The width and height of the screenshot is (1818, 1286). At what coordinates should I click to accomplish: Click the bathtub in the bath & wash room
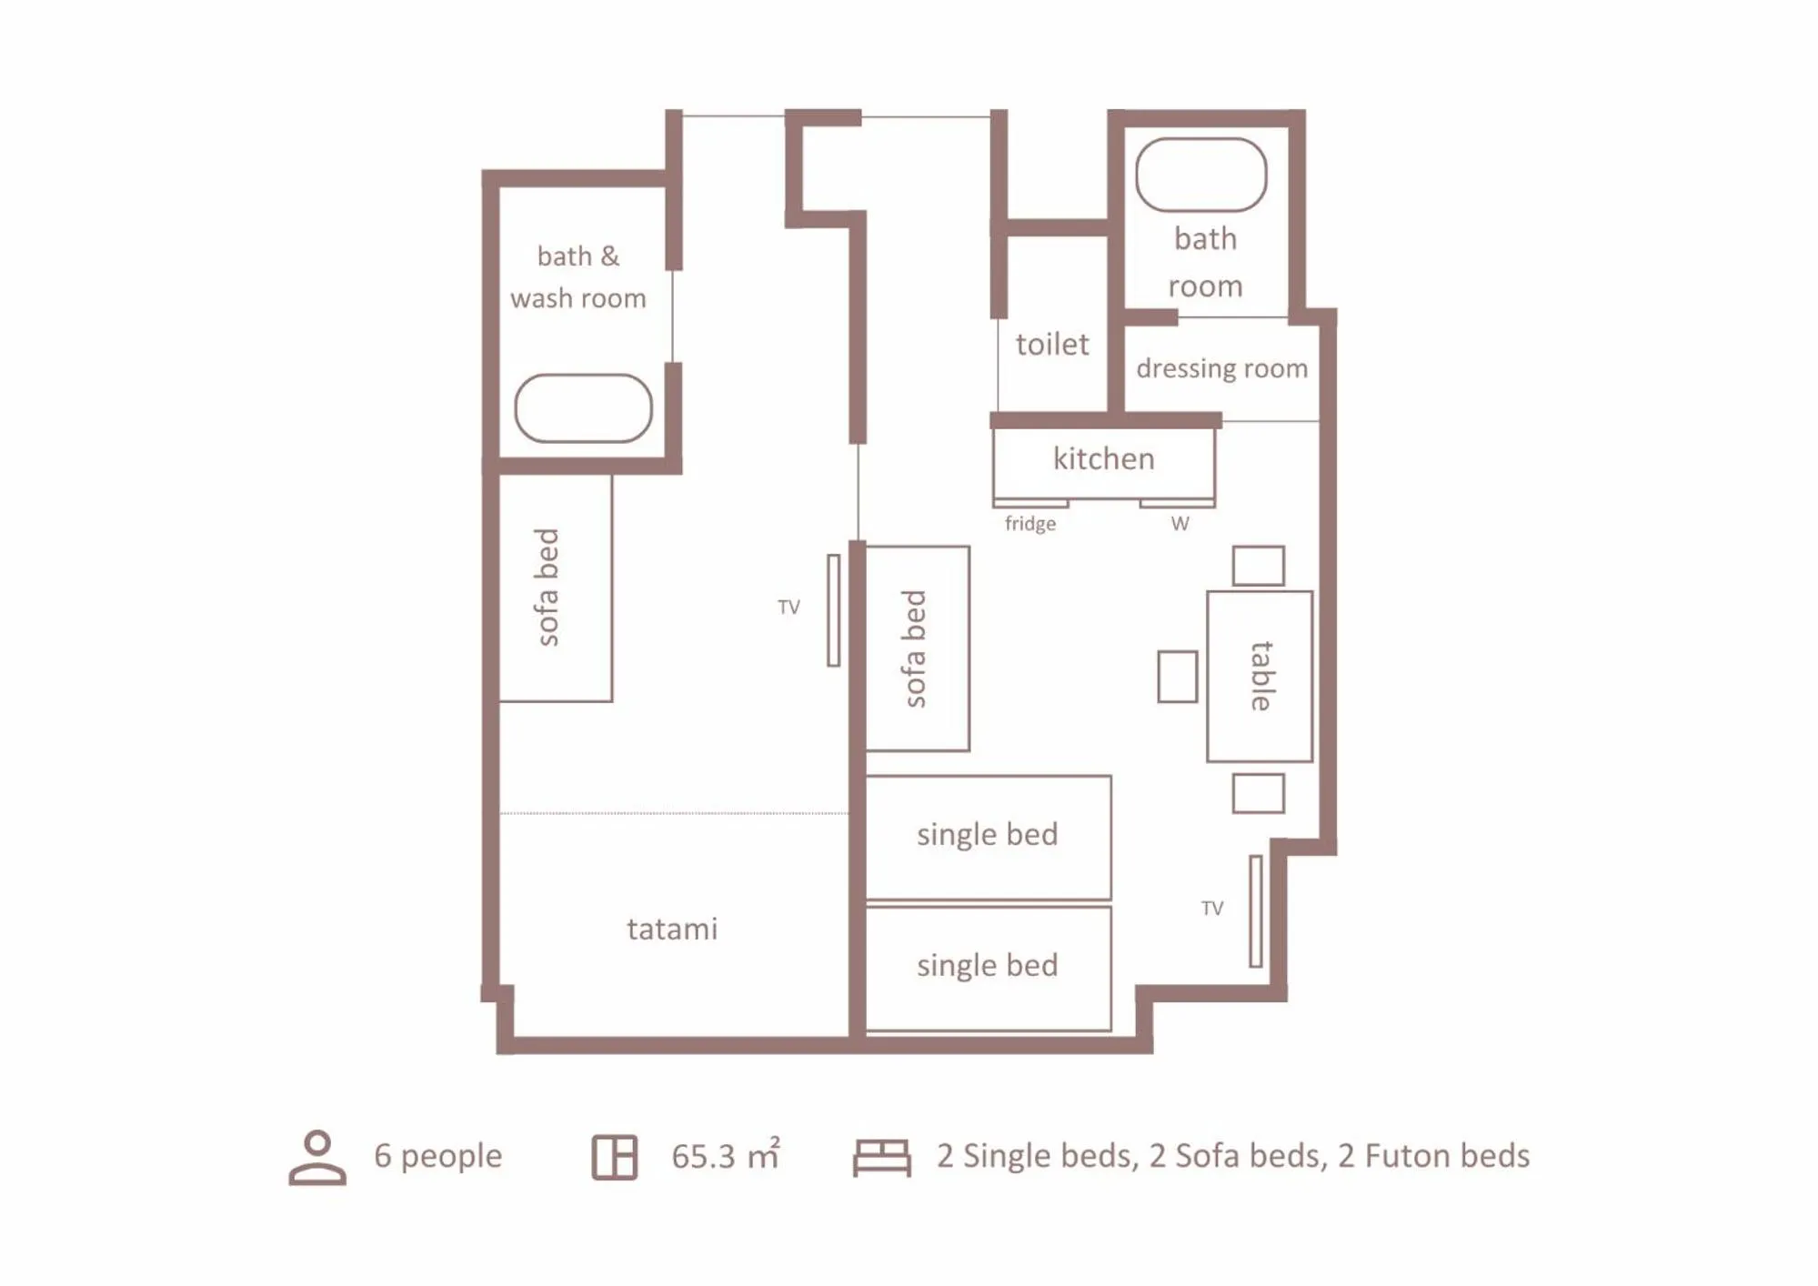pos(583,408)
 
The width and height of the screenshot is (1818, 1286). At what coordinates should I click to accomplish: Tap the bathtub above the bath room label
pos(1200,175)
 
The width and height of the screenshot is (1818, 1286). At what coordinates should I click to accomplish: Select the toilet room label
pos(1051,345)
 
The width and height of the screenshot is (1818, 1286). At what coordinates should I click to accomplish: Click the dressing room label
pos(1221,368)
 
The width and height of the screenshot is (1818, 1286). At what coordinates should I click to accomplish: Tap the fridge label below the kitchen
pos(1030,524)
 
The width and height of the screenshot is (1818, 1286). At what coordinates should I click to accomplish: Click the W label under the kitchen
pos(1180,524)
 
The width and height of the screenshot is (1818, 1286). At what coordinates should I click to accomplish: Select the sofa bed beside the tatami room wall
pos(555,588)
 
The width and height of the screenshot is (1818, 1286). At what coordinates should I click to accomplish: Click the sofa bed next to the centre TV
pos(917,648)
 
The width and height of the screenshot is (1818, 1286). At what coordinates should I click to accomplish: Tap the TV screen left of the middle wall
pos(833,610)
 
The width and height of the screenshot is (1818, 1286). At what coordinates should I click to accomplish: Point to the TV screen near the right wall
pos(1255,911)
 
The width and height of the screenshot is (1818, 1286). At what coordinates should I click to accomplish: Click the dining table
pos(1259,676)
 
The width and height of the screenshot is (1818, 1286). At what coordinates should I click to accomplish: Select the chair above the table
pos(1258,566)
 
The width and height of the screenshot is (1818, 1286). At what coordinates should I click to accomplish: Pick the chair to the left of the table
pos(1177,676)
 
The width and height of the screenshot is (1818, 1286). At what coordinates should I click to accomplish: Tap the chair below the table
pos(1258,793)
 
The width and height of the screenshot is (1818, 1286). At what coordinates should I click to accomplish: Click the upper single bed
pos(988,836)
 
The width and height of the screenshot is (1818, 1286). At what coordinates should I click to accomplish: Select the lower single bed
pos(988,967)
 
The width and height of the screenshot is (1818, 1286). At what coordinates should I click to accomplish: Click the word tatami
pos(672,929)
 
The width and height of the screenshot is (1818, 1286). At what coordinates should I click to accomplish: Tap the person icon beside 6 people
pos(317,1157)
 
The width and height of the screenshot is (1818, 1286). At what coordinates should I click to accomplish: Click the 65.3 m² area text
pos(725,1156)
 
